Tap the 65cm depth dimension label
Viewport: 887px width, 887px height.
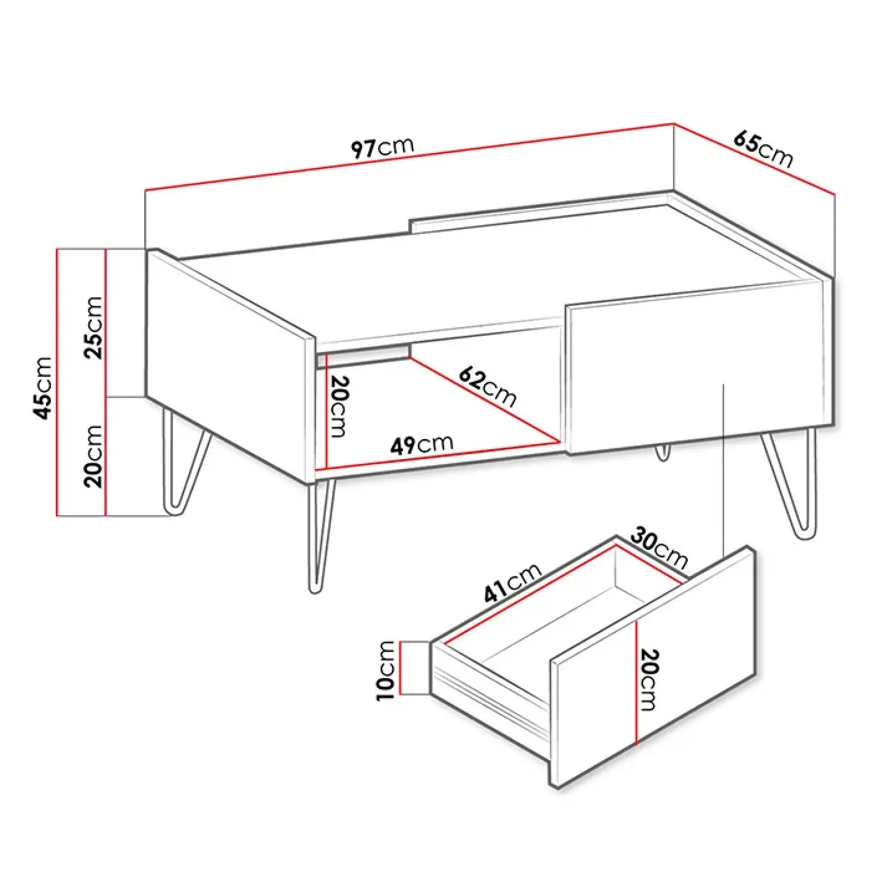(x=763, y=149)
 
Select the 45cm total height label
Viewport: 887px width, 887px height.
(x=43, y=388)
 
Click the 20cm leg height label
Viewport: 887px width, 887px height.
(x=93, y=456)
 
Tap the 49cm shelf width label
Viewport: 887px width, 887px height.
(x=422, y=444)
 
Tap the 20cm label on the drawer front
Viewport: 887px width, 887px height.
(x=648, y=680)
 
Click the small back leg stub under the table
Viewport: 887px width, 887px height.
(x=662, y=451)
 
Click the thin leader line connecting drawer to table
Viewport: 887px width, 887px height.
(x=724, y=470)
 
